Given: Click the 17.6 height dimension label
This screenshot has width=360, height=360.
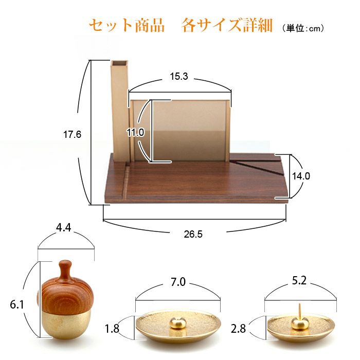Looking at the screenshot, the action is (72, 134).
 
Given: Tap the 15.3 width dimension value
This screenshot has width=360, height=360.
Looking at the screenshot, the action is (179, 76).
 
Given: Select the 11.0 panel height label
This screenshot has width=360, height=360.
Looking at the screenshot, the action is (135, 132).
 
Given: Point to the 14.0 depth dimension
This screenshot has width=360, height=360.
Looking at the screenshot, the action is (301, 176).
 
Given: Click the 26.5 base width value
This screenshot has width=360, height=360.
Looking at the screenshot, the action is (193, 234).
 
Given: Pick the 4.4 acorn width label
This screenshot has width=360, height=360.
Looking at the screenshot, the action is (64, 227).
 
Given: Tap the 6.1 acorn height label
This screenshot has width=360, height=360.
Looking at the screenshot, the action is (17, 304).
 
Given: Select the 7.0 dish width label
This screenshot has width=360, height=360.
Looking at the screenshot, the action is (178, 282).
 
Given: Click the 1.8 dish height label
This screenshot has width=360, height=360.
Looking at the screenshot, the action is (112, 329).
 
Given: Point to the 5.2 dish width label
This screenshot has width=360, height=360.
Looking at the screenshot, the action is (299, 280).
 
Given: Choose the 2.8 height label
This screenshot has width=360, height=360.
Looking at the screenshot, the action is (238, 329).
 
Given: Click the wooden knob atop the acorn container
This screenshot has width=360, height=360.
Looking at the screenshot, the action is (66, 269).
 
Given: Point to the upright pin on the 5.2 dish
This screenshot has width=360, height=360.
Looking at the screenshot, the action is (299, 311).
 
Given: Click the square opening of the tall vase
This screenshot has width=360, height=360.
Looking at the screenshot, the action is (119, 62).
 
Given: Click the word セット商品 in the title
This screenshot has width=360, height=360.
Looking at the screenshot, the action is (127, 25).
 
